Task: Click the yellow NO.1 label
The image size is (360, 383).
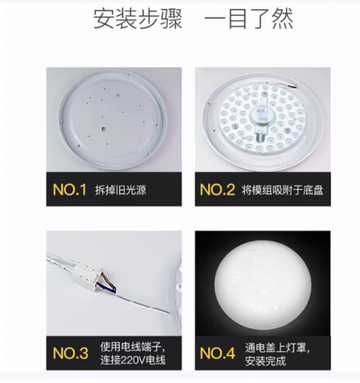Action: point(70,190)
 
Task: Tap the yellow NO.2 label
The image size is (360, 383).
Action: point(217,190)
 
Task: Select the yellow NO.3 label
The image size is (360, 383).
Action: point(70,353)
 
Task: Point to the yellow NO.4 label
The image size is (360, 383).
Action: point(217,353)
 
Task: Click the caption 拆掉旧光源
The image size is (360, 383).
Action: point(121,190)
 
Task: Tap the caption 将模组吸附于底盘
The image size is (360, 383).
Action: point(283,190)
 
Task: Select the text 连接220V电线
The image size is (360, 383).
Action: point(133,359)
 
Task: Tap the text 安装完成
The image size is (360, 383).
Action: point(265,361)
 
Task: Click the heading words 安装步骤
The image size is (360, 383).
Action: point(138,19)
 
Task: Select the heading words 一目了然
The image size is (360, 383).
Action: point(249,19)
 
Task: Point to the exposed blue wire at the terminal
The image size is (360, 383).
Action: point(107,288)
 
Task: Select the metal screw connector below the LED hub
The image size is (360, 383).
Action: point(261,137)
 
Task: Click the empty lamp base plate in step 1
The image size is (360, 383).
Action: point(112,120)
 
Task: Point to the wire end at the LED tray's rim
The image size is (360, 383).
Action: point(291,86)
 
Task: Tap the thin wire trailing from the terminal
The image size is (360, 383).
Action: point(143,303)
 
